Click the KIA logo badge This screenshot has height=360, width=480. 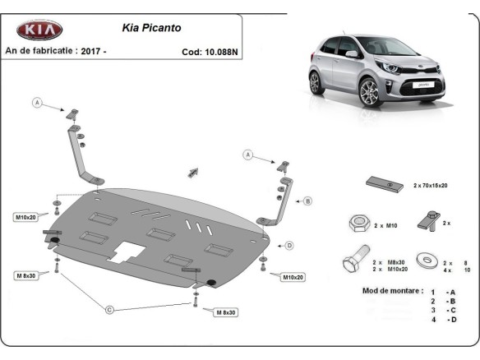[40, 30]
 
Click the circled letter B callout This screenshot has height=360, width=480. [308, 201]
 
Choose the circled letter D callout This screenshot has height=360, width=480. [288, 244]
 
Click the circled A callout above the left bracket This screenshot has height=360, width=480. [37, 102]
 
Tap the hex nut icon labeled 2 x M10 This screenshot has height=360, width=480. [358, 222]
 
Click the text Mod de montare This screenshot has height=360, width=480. [392, 291]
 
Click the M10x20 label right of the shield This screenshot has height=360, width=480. [294, 277]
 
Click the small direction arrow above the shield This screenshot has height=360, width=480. [195, 171]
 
